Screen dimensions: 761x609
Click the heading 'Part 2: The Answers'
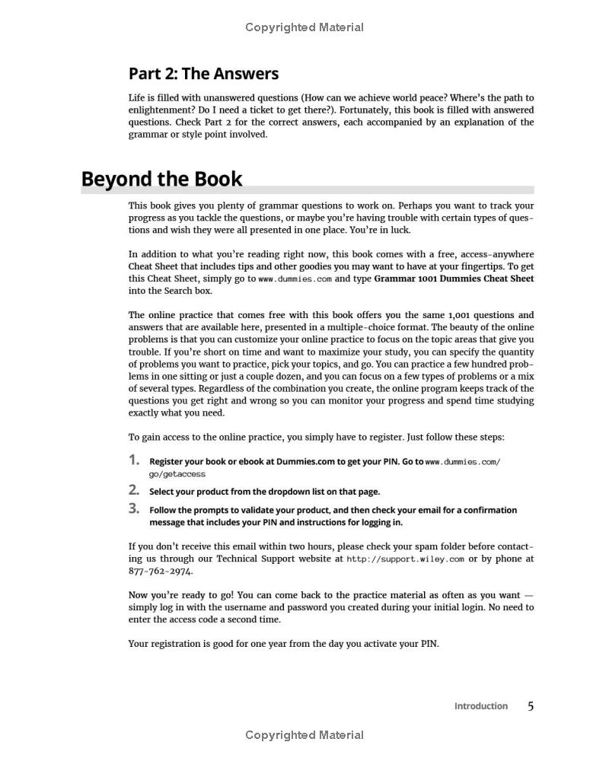[203, 74]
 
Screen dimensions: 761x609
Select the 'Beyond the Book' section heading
[161, 180]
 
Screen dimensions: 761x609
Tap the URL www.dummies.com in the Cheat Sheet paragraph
[295, 279]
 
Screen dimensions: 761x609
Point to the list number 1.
[134, 460]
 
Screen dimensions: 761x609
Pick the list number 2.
[134, 489]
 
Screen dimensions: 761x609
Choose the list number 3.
[134, 508]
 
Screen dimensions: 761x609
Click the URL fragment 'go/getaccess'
[177, 474]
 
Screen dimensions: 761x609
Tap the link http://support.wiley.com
[405, 559]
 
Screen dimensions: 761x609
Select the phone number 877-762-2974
[160, 571]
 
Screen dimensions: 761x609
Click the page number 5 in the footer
[531, 706]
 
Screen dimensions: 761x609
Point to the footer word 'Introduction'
[480, 706]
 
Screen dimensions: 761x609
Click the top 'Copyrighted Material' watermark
[304, 27]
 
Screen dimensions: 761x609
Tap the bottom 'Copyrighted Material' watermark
[304, 735]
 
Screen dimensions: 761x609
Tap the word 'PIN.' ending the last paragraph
[429, 644]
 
